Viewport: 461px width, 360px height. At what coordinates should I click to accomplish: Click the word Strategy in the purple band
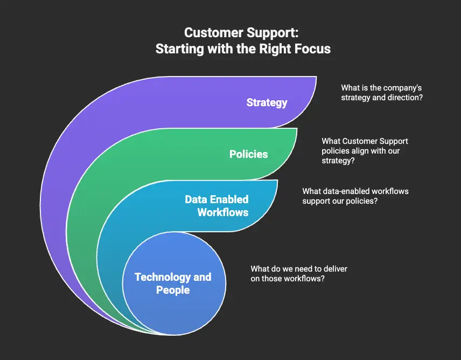pyautogui.click(x=267, y=102)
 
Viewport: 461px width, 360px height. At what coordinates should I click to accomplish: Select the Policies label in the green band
pyautogui.click(x=248, y=154)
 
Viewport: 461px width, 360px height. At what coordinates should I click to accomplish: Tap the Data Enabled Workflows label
pyautogui.click(x=216, y=205)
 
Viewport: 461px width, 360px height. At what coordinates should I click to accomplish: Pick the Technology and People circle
pyautogui.click(x=173, y=284)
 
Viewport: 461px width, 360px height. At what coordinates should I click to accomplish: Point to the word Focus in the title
pyautogui.click(x=312, y=49)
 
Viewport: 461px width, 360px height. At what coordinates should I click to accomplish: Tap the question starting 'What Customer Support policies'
pyautogui.click(x=365, y=150)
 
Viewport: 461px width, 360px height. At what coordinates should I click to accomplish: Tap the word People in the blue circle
pyautogui.click(x=173, y=290)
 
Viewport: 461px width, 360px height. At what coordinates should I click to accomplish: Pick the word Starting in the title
pyautogui.click(x=177, y=49)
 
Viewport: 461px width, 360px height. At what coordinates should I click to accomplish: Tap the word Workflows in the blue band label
pyautogui.click(x=222, y=212)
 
